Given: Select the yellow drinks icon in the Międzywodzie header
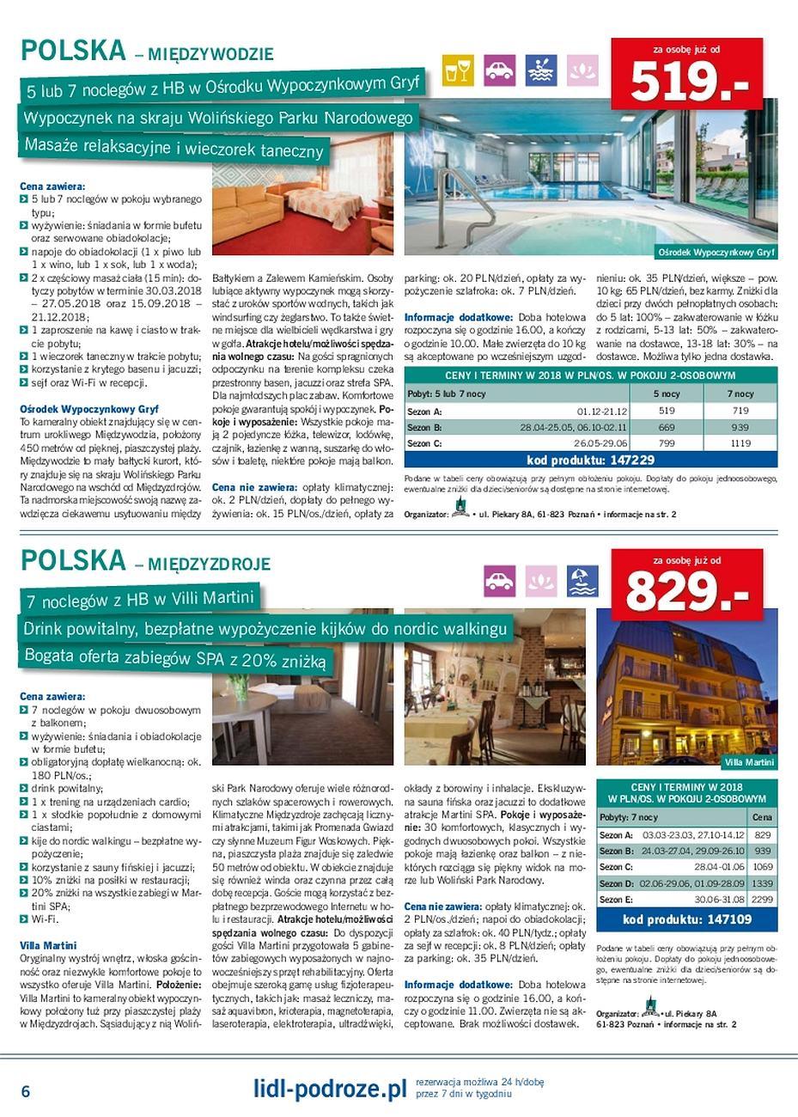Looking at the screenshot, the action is coord(458,70).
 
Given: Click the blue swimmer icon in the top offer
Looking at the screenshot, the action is coord(540,70).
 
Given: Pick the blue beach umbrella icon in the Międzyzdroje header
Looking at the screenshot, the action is coord(582,580).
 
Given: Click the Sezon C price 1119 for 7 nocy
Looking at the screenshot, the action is coord(740,443).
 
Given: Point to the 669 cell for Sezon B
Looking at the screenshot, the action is coord(666,427).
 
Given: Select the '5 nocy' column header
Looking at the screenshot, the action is coord(666,394).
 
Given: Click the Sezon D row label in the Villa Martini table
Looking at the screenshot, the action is coord(616,883).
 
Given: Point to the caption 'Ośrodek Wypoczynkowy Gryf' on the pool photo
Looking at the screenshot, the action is coord(716,253).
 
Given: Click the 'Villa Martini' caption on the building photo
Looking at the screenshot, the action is coord(749,762).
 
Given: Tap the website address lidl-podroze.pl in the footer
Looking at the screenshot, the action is coord(329,1090).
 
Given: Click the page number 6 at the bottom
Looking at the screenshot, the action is coord(26,1091).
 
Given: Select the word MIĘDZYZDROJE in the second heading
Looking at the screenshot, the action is coord(209,565).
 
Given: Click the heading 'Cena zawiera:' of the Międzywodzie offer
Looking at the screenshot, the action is coord(52,186).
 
